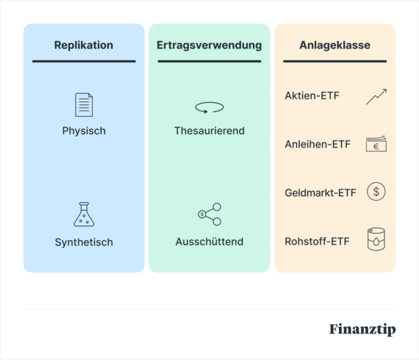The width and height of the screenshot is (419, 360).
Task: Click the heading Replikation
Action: (x=84, y=46)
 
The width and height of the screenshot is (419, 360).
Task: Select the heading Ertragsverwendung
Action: (x=209, y=46)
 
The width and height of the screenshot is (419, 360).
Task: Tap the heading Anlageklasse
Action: (x=334, y=46)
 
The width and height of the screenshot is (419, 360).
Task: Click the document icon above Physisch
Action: (x=84, y=104)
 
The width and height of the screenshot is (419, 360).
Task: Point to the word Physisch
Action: (x=84, y=132)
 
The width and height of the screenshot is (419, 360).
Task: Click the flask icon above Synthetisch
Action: (x=84, y=214)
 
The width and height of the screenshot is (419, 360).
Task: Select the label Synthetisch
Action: (x=84, y=242)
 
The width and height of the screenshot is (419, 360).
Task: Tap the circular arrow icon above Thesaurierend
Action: (x=209, y=108)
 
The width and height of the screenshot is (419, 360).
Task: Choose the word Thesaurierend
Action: (x=209, y=132)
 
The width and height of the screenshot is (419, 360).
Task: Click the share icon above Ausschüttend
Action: (x=209, y=214)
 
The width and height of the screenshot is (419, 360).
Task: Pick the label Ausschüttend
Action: (x=209, y=242)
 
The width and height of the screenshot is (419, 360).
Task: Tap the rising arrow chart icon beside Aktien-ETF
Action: (x=376, y=96)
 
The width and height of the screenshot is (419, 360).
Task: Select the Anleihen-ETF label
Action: (x=318, y=145)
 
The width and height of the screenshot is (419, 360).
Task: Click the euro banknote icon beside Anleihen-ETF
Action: (x=376, y=144)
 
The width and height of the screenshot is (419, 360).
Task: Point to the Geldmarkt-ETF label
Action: (x=320, y=193)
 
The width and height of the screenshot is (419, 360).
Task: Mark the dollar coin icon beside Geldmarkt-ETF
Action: (x=376, y=192)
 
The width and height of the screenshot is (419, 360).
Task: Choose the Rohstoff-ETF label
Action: (x=318, y=241)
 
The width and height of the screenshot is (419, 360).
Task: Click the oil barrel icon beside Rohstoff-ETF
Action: (x=376, y=240)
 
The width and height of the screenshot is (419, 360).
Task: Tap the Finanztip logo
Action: (x=362, y=329)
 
